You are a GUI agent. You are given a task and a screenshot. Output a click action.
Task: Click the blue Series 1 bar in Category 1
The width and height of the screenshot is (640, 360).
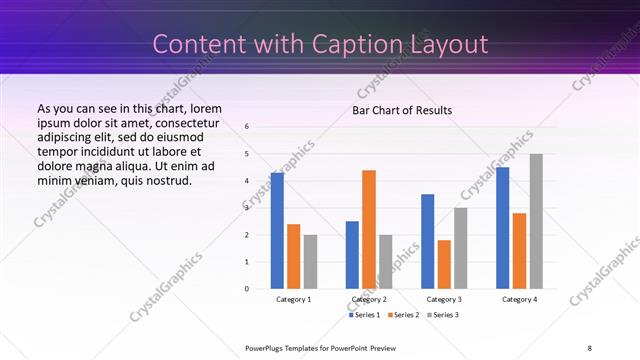pyautogui.click(x=277, y=231)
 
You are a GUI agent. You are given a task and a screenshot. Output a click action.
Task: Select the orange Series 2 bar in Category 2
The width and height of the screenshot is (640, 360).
pyautogui.click(x=369, y=229)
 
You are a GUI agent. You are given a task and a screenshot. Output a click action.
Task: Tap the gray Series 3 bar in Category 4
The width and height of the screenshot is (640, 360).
pyautogui.click(x=536, y=221)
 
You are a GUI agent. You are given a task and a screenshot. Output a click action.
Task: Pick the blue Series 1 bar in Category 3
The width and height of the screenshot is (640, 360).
pyautogui.click(x=428, y=241)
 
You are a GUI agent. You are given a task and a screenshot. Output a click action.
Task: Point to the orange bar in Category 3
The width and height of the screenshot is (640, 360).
pyautogui.click(x=444, y=264)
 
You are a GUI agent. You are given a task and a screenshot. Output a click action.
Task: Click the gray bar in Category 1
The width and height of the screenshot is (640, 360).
pyautogui.click(x=310, y=262)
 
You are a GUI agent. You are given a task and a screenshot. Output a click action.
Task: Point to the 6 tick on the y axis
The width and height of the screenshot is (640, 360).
pyautogui.click(x=247, y=127)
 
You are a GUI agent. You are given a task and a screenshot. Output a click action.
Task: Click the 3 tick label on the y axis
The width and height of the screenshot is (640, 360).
pyautogui.click(x=247, y=208)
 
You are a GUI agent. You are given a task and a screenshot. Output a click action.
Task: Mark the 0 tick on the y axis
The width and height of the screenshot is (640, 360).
pyautogui.click(x=247, y=289)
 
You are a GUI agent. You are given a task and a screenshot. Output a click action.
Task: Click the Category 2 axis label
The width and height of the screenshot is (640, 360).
pyautogui.click(x=369, y=299)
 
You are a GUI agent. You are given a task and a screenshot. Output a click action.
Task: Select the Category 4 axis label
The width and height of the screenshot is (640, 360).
pyautogui.click(x=519, y=299)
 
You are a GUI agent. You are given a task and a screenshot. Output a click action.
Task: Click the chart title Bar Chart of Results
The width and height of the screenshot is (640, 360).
pyautogui.click(x=402, y=110)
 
